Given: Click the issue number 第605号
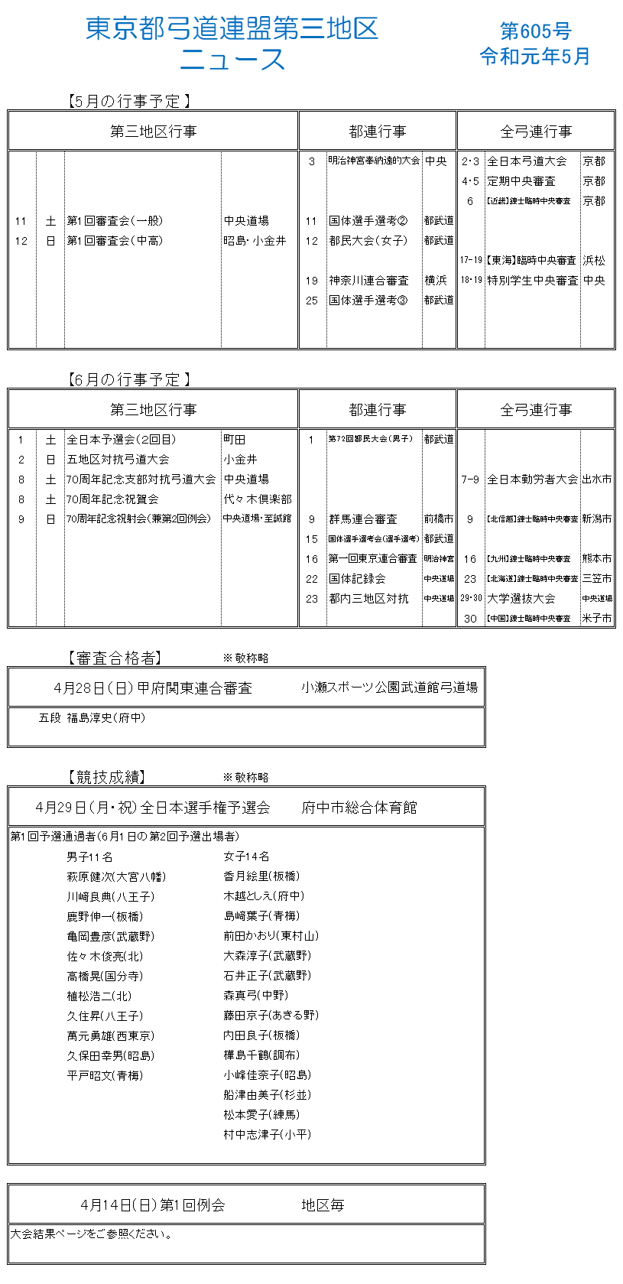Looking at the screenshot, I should pyautogui.click(x=535, y=31).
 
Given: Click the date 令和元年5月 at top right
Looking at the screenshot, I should pyautogui.click(x=535, y=57).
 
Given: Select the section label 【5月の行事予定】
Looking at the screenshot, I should pyautogui.click(x=128, y=102).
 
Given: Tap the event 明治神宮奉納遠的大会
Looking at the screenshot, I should pyautogui.click(x=374, y=161).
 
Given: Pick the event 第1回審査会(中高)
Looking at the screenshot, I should pyautogui.click(x=115, y=241).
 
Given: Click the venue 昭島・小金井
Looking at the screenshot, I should pyautogui.click(x=255, y=241).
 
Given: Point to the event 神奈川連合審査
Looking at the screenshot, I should pyautogui.click(x=368, y=281).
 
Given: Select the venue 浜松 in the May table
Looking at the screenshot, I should pyautogui.click(x=594, y=261).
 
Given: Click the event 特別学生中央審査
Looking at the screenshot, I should pyautogui.click(x=533, y=281).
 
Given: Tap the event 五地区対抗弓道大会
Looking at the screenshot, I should pyautogui.click(x=118, y=460).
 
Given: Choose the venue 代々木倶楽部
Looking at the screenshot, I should pyautogui.click(x=258, y=499).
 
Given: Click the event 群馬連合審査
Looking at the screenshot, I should pyautogui.click(x=362, y=519).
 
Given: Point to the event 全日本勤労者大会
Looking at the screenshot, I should pyautogui.click(x=533, y=479).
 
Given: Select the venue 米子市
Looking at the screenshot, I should pyautogui.click(x=596, y=619).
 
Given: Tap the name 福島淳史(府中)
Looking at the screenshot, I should pyautogui.click(x=105, y=718).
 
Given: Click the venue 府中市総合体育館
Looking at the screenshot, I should pyautogui.click(x=359, y=808).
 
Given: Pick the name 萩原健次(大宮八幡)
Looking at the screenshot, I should pyautogui.click(x=116, y=876).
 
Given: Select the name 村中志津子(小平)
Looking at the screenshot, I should pyautogui.click(x=268, y=1135).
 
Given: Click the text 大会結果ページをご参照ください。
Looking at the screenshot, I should pyautogui.click(x=91, y=1234).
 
